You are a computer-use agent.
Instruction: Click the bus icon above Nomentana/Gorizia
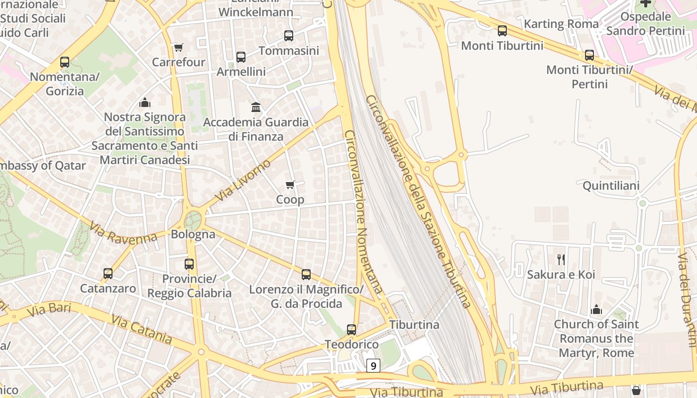[65, 62]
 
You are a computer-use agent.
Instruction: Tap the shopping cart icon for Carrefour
[179, 47]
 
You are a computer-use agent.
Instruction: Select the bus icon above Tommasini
[289, 36]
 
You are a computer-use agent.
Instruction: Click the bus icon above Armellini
[241, 57]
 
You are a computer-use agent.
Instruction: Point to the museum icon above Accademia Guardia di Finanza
[256, 107]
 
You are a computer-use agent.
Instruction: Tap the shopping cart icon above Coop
[290, 185]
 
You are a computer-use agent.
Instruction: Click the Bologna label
[193, 234]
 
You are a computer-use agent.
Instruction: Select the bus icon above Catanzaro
[108, 274]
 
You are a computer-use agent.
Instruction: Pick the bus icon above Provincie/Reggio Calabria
[189, 264]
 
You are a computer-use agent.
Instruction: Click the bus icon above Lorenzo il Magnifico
[306, 275]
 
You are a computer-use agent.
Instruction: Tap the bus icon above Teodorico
[351, 330]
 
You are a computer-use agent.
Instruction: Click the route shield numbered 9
[373, 366]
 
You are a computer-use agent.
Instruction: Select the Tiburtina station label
[414, 325]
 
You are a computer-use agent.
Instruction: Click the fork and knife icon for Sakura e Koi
[561, 259]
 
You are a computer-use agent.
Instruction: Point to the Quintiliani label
[611, 186]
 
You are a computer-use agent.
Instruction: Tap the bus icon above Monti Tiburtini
[502, 31]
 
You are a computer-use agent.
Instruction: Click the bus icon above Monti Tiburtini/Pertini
[589, 55]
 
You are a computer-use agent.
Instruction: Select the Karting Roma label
[561, 23]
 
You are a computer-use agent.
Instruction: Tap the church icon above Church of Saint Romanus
[596, 310]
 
